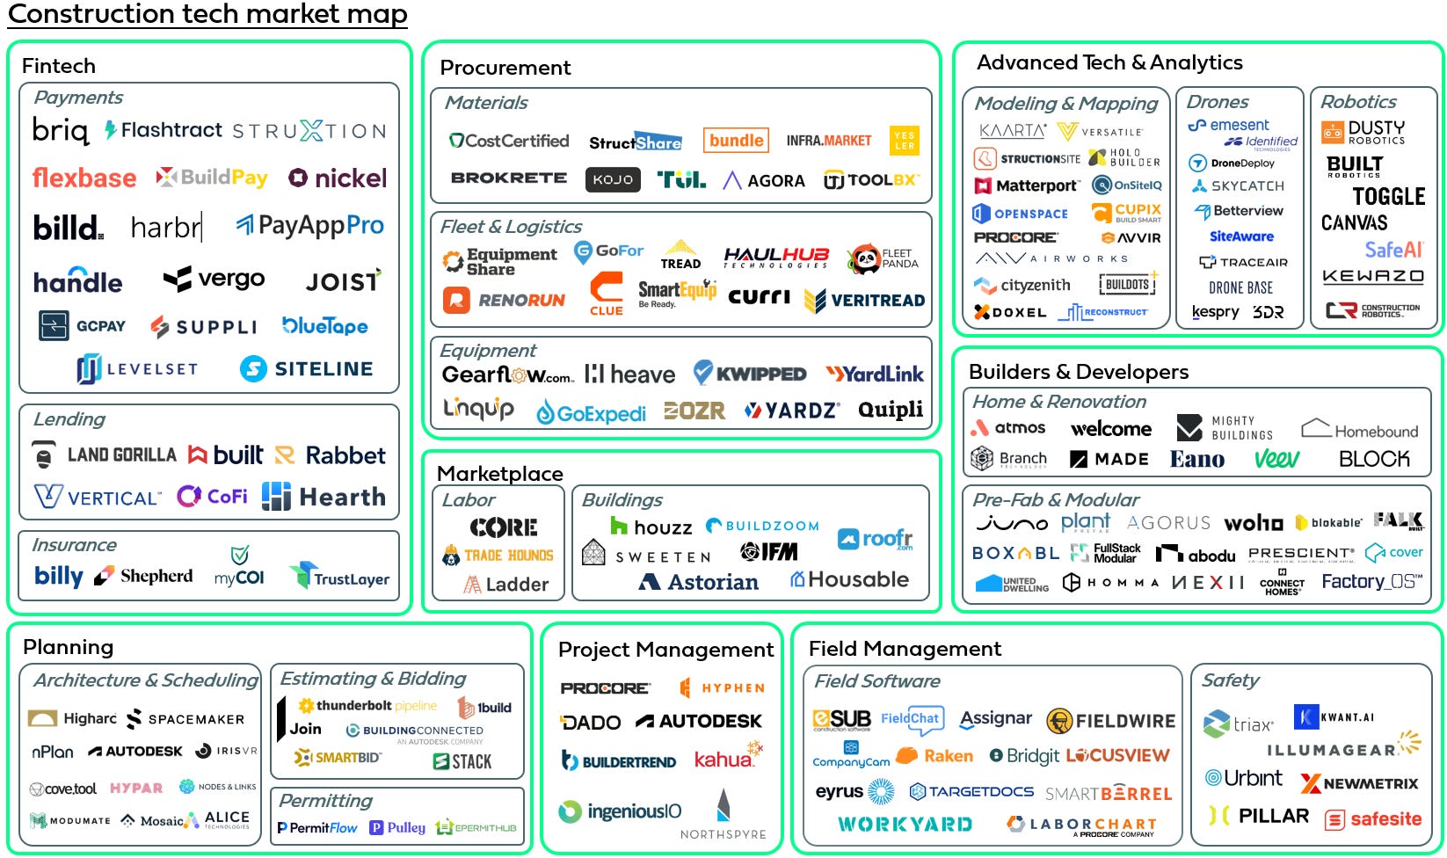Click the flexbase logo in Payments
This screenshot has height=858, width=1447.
(84, 178)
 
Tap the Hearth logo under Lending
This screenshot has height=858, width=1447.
(324, 497)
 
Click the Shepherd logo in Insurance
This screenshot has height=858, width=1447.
(144, 576)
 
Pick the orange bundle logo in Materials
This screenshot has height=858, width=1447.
(736, 141)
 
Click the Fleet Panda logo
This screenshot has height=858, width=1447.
(883, 258)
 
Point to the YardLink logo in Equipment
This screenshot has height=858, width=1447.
(875, 374)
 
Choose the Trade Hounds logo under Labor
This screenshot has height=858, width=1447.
(498, 556)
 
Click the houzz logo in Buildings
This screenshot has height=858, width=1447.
(651, 527)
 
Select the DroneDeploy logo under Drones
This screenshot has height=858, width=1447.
(1232, 163)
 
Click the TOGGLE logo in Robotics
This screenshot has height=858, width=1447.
(1388, 196)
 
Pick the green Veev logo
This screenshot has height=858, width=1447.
(1276, 459)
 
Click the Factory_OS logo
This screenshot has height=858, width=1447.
(1371, 582)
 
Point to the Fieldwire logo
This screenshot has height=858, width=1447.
(1110, 721)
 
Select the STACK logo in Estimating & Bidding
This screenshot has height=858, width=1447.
(462, 761)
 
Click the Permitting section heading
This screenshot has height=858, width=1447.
(325, 801)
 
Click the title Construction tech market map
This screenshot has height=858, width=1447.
(207, 14)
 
